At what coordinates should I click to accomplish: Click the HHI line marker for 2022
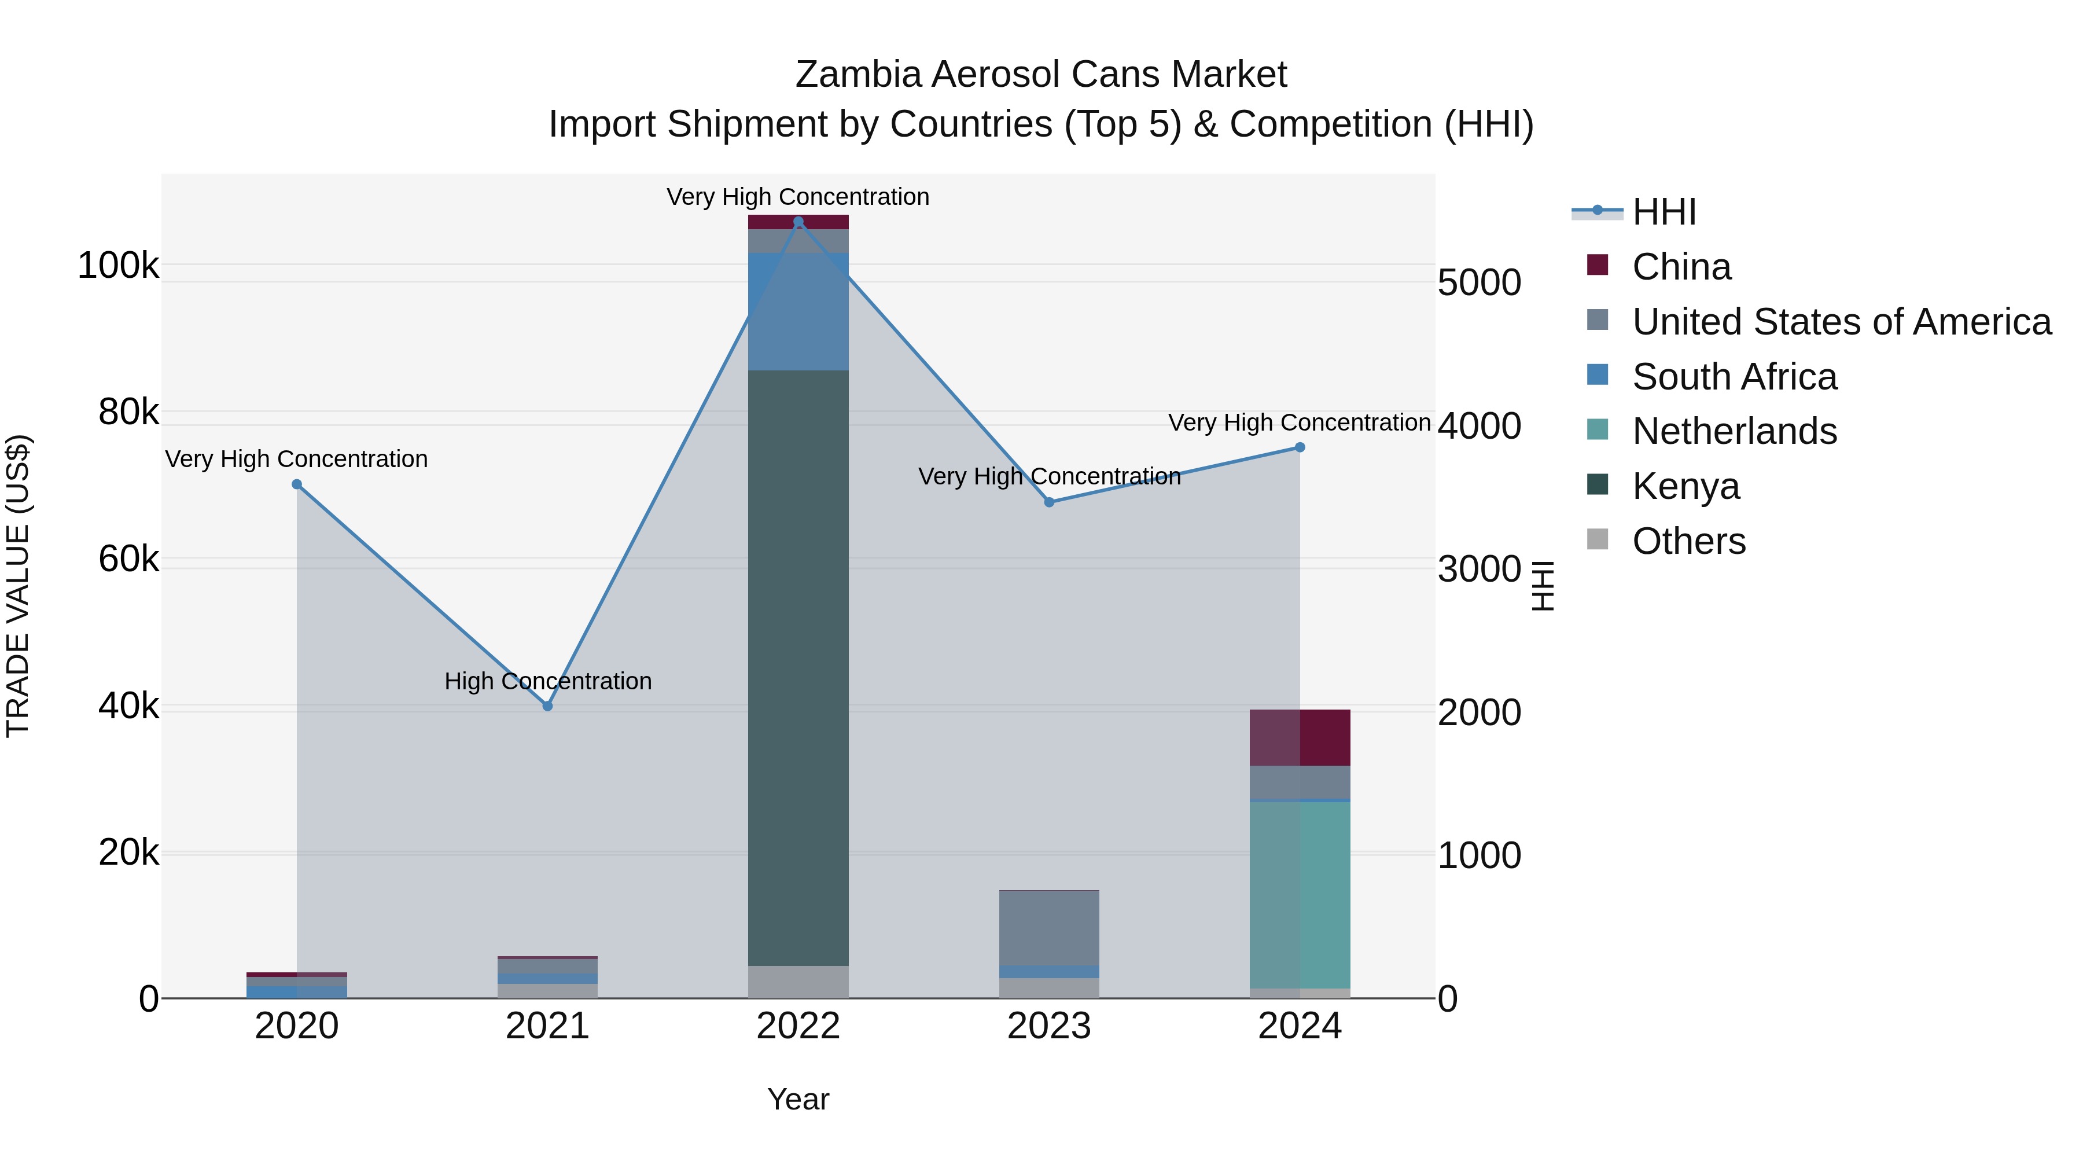pos(798,222)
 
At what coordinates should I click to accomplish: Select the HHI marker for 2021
pos(547,706)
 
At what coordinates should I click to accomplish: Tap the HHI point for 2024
pos(1300,447)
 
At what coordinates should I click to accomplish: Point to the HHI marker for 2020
pos(297,484)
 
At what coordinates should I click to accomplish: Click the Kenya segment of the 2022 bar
pos(798,667)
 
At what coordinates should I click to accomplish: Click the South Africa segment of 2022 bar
pos(798,311)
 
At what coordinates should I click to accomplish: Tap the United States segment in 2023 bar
pos(1049,928)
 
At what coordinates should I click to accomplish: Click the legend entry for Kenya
pos(1685,486)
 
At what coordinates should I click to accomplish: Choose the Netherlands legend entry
pos(1734,431)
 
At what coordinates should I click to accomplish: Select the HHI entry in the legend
pos(1664,212)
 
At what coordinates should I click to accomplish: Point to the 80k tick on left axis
pos(128,413)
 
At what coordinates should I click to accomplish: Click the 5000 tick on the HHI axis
pos(1479,283)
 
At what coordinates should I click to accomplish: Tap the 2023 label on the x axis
pos(1049,1026)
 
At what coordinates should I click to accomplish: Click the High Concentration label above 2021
pos(547,681)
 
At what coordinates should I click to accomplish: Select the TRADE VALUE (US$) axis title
pos(18,586)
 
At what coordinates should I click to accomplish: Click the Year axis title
pos(798,1099)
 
